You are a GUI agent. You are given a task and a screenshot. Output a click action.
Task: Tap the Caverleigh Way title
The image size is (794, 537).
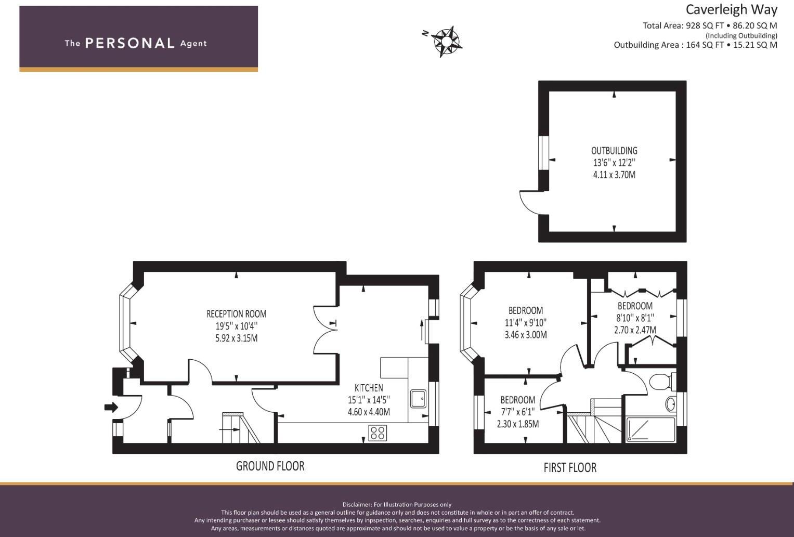click(731, 10)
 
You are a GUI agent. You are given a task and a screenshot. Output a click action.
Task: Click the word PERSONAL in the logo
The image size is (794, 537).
click(129, 43)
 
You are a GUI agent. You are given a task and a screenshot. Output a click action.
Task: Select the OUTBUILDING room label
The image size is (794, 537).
click(614, 151)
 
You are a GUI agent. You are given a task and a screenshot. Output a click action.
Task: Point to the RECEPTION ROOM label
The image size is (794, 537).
click(236, 314)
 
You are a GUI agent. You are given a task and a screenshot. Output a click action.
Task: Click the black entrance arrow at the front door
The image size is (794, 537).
click(111, 407)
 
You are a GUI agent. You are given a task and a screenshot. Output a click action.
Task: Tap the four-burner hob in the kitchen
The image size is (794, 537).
click(378, 433)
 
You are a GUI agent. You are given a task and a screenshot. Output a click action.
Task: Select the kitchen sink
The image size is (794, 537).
click(418, 399)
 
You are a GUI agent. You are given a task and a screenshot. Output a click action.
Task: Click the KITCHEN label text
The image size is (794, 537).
click(369, 388)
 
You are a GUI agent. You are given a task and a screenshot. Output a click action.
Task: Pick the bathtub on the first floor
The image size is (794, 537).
click(650, 429)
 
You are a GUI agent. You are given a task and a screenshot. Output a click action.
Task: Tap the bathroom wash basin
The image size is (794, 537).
click(671, 403)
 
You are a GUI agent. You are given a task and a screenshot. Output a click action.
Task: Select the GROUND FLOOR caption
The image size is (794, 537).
click(270, 466)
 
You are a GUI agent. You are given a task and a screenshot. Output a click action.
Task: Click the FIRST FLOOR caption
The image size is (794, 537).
click(570, 468)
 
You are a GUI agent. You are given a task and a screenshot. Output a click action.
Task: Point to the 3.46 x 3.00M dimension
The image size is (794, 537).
click(525, 335)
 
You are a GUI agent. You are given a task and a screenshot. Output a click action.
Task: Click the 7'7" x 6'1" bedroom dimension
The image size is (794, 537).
click(517, 412)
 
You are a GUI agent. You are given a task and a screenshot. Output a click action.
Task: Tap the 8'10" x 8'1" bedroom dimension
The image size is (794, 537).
click(635, 318)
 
